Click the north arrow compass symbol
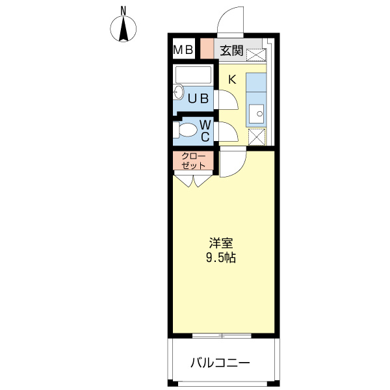124,29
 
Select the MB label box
183,49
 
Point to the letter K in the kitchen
232,79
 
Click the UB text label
198,99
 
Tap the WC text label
203,130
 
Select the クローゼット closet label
192,161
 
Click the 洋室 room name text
221,243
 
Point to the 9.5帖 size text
221,257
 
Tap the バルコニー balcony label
220,362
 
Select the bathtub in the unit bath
193,75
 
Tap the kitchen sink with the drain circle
257,113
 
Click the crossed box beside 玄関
254,54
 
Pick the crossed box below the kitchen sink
257,137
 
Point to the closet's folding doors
192,179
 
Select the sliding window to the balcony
222,335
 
